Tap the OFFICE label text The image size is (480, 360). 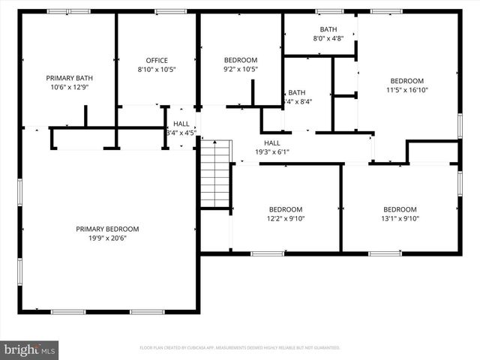[157, 61]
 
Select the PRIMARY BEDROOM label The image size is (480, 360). [107, 229]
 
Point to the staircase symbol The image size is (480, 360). [214, 173]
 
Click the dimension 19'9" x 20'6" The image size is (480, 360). [107, 238]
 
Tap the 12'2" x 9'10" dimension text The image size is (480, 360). [286, 219]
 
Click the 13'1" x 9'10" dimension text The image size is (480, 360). [400, 219]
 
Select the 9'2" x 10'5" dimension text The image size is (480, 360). [241, 70]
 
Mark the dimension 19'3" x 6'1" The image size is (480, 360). [271, 152]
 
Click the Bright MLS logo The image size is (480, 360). [30, 349]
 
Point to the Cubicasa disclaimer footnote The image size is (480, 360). [240, 348]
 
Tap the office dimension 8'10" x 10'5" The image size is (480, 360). [157, 70]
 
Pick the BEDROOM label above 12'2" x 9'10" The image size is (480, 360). [286, 209]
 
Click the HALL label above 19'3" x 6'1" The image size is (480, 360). [271, 142]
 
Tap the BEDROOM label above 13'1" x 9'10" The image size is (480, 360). [400, 209]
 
